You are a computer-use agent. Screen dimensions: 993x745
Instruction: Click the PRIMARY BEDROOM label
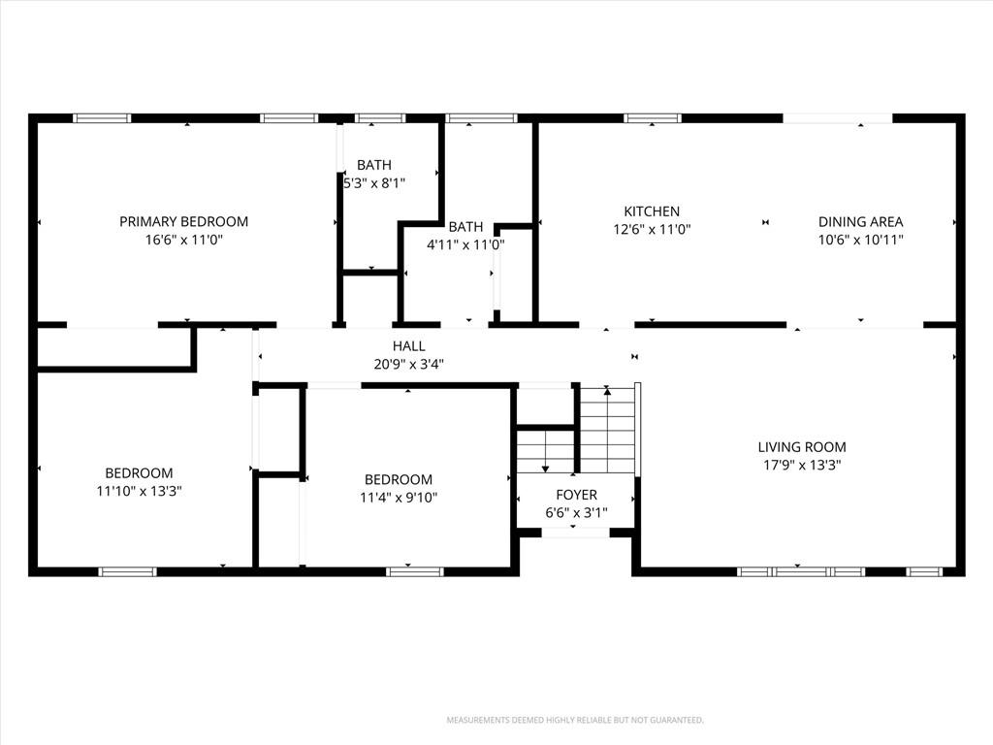pyautogui.click(x=183, y=222)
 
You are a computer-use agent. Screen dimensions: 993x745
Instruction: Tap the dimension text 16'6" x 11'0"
pyautogui.click(x=184, y=241)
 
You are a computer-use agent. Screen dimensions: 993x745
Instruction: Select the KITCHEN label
pyautogui.click(x=652, y=211)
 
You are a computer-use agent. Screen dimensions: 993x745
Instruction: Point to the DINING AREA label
pyautogui.click(x=861, y=222)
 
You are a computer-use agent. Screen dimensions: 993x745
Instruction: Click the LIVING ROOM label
pyautogui.click(x=802, y=447)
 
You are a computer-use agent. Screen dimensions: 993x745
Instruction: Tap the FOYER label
pyautogui.click(x=576, y=495)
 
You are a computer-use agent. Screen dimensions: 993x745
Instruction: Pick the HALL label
pyautogui.click(x=408, y=346)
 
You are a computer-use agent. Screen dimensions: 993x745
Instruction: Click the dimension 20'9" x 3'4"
pyautogui.click(x=408, y=365)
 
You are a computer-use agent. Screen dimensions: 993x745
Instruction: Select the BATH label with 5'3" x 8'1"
pyautogui.click(x=374, y=165)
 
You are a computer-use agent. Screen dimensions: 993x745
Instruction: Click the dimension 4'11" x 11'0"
pyautogui.click(x=465, y=244)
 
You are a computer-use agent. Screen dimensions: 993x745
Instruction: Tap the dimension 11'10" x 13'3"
pyautogui.click(x=140, y=491)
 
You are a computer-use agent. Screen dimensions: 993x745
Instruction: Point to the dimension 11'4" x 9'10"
pyautogui.click(x=399, y=498)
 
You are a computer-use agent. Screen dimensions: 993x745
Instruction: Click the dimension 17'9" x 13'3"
pyautogui.click(x=802, y=465)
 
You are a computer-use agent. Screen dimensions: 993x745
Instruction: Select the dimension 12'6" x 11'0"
pyautogui.click(x=652, y=229)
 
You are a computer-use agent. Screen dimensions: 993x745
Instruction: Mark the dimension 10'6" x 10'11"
pyautogui.click(x=861, y=241)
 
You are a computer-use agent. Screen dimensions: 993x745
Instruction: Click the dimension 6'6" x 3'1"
pyautogui.click(x=576, y=512)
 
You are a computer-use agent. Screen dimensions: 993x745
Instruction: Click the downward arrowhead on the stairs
pyautogui.click(x=545, y=469)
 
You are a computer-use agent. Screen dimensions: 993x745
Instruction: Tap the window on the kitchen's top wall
pyautogui.click(x=653, y=118)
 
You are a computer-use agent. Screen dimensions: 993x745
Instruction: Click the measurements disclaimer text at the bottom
pyautogui.click(x=575, y=721)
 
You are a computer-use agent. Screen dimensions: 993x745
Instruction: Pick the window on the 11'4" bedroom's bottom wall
pyautogui.click(x=415, y=572)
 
